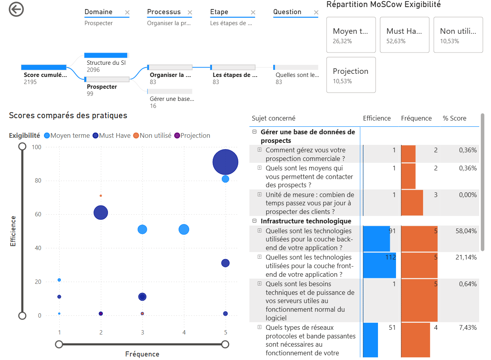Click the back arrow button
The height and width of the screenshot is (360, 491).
[16, 9]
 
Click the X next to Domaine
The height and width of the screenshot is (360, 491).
[127, 12]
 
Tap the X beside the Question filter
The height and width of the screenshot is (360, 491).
[316, 12]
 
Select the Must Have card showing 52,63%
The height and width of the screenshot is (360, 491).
[404, 35]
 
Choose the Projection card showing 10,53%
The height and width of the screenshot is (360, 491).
[351, 75]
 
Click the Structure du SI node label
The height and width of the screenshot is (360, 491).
[106, 63]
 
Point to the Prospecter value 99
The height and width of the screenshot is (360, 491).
[90, 93]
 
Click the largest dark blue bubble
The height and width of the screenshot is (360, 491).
[225, 162]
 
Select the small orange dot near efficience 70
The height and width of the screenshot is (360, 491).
[100, 196]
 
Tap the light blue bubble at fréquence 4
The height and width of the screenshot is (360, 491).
[184, 229]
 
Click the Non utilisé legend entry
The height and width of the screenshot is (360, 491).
[152, 135]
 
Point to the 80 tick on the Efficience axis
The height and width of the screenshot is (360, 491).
[38, 181]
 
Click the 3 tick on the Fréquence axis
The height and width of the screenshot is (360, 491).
[142, 333]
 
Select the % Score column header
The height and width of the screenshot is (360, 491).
[454, 118]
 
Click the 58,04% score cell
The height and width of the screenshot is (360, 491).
[466, 231]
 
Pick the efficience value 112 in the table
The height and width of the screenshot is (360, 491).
[391, 257]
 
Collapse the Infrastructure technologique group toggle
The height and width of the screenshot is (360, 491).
[254, 221]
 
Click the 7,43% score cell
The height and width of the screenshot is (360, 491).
[468, 327]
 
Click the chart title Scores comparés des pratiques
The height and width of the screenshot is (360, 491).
[68, 115]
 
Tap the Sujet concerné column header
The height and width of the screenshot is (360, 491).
[273, 118]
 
